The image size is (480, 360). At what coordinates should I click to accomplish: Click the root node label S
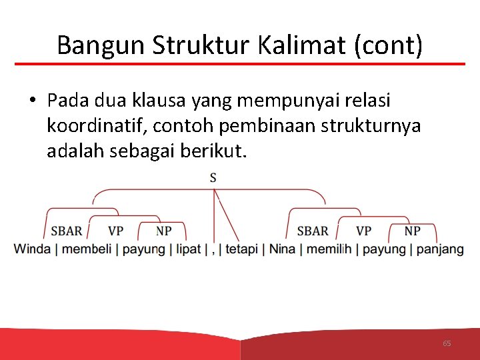213,177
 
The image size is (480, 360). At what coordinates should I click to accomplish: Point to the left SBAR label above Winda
67,231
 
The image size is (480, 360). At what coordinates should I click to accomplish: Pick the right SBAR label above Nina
312,231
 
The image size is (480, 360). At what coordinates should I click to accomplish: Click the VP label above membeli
115,231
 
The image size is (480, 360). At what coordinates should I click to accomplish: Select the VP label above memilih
363,231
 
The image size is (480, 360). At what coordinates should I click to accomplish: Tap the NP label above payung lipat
163,231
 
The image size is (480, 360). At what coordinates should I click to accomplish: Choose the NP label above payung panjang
412,231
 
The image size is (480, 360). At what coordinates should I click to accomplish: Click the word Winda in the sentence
32,249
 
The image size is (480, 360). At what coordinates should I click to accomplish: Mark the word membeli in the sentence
87,249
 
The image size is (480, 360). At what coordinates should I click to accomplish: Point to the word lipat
188,249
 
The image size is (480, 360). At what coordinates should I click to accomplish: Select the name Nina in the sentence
282,249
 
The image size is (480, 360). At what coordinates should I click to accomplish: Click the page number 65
447,343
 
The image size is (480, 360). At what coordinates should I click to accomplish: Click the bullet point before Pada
32,101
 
